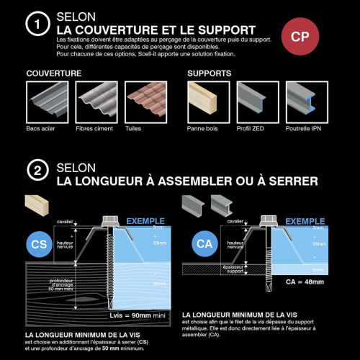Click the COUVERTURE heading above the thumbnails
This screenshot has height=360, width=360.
click(x=53, y=74)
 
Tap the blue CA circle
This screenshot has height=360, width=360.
click(x=204, y=245)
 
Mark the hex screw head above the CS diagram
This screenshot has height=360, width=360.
click(x=113, y=220)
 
